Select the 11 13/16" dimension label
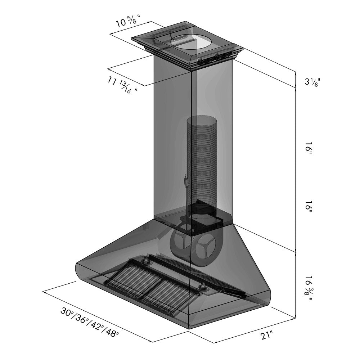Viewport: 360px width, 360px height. [122, 86]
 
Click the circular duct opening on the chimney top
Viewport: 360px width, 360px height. [191, 40]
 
